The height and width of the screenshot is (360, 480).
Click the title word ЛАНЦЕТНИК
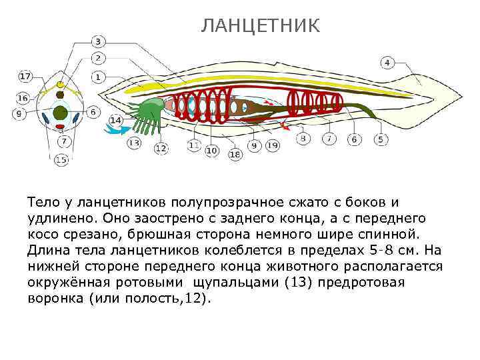tap(261, 25)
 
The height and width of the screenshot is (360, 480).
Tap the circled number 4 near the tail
tap(387, 63)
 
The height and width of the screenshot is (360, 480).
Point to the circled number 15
tap(61, 159)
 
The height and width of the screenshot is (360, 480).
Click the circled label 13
tap(134, 142)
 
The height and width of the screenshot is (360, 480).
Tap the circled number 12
tap(161, 148)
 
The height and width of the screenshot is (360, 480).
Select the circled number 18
tap(235, 155)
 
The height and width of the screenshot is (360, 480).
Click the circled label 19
tap(272, 145)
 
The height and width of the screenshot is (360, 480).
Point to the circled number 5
tap(380, 139)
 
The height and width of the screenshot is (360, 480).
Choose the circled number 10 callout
tap(211, 151)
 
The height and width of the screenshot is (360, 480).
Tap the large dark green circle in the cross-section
tap(61, 112)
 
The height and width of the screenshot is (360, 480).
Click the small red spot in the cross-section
tap(61, 126)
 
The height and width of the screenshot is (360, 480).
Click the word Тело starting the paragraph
tap(41, 201)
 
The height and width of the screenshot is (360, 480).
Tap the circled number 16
tap(23, 98)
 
